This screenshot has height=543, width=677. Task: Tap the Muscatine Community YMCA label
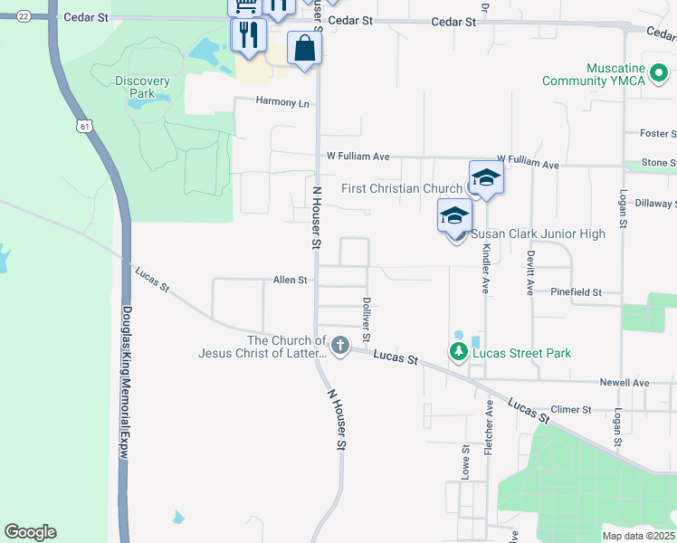click(x=606, y=74)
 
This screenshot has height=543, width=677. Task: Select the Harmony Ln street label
click(x=282, y=102)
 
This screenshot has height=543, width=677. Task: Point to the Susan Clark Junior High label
click(x=538, y=233)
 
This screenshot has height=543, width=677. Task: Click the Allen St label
click(x=291, y=281)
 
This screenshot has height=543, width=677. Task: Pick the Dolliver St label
click(x=367, y=319)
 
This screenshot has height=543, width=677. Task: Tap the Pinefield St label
click(x=577, y=292)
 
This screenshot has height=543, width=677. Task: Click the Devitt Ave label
click(x=531, y=272)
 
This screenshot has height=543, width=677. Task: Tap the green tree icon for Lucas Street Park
click(x=459, y=351)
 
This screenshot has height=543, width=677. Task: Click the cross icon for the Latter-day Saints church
click(x=340, y=344)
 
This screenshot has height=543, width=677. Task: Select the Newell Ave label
click(x=628, y=383)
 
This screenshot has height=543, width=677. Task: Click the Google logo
click(x=30, y=532)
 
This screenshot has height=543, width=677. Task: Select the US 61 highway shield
click(x=84, y=126)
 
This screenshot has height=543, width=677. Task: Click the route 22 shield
click(x=24, y=16)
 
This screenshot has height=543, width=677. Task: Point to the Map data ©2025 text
click(x=638, y=536)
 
